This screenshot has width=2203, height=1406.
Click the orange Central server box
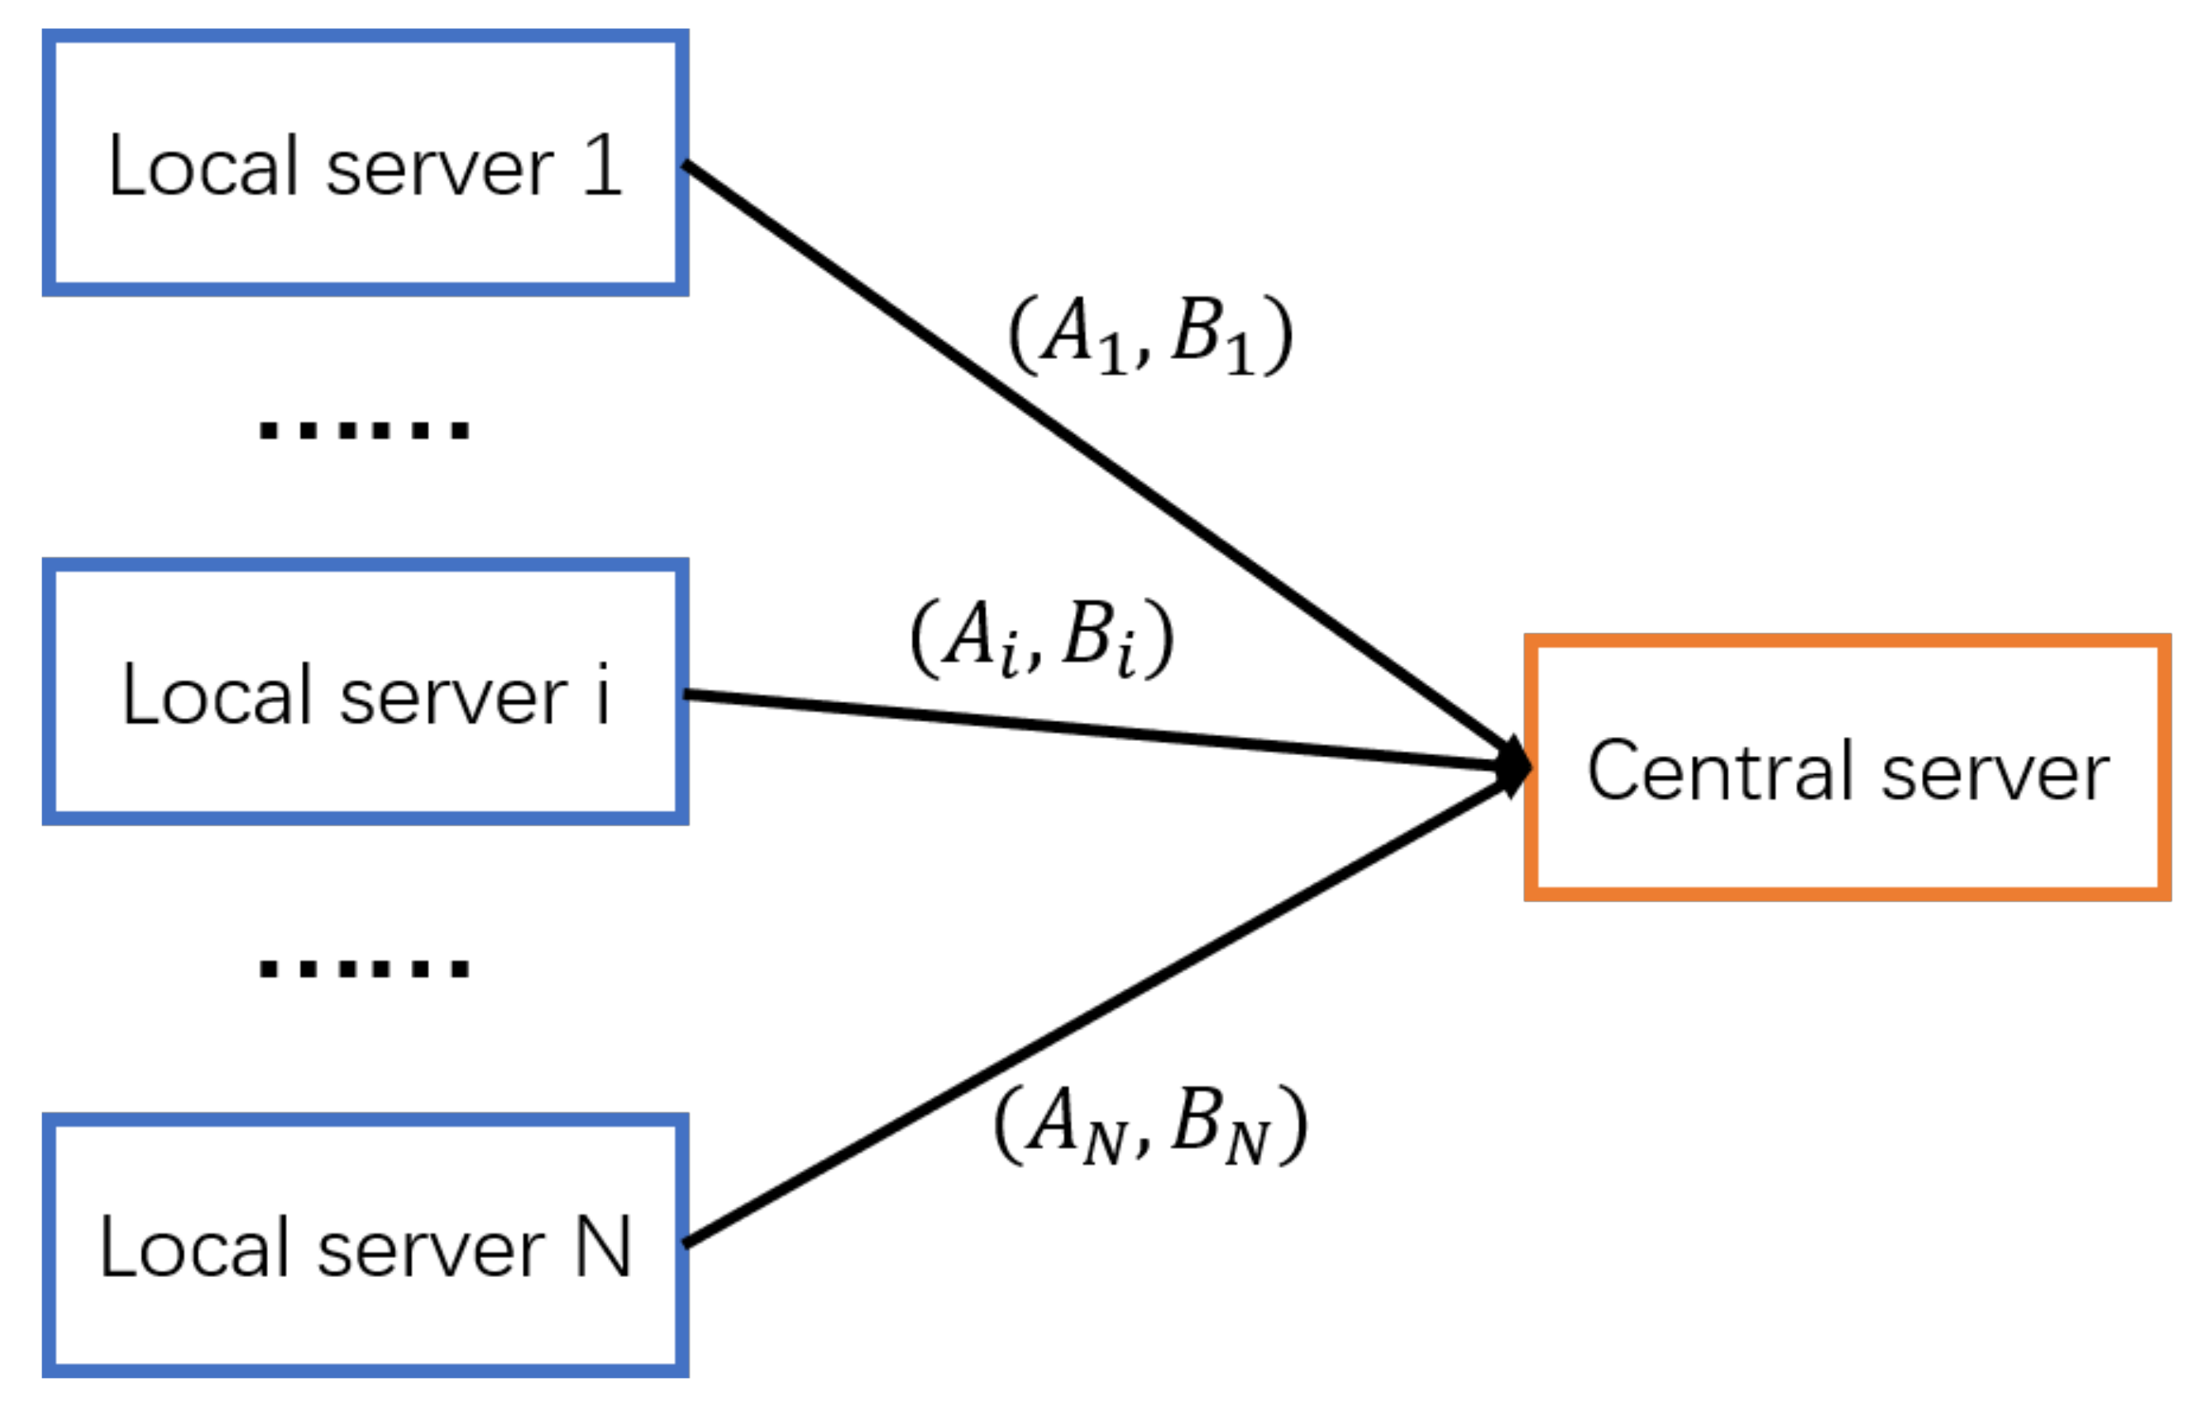click(1847, 768)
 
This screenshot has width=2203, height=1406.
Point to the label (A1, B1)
click(1150, 336)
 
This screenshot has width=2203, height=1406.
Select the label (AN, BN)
click(1150, 1125)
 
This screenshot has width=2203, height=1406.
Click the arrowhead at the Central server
click(1514, 767)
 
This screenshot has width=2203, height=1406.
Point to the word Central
click(1720, 770)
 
